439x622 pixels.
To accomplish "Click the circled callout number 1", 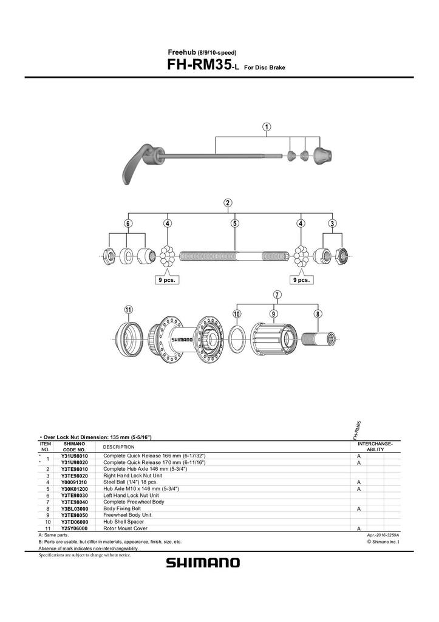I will (267, 127).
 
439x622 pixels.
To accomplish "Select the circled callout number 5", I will (235, 223).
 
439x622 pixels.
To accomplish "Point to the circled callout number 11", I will (128, 310).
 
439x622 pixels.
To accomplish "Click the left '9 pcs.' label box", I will (166, 280).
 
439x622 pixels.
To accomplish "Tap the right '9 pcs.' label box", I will (301, 280).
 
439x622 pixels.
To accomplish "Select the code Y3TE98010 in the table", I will (75, 470).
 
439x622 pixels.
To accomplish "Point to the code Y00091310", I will (75, 482).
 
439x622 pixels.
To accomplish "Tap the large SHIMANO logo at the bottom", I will (203, 563).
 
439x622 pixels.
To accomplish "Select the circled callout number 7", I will (276, 295).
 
